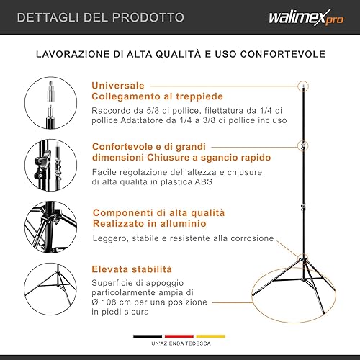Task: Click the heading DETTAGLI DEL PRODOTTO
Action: click(100, 17)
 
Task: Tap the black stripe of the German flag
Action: click(147, 336)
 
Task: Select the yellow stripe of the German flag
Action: click(211, 336)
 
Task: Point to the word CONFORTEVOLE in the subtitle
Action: click(278, 53)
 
